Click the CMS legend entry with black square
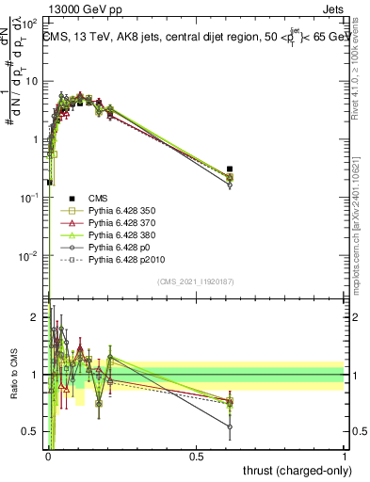click(x=98, y=198)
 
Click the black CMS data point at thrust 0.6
click(x=230, y=169)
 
